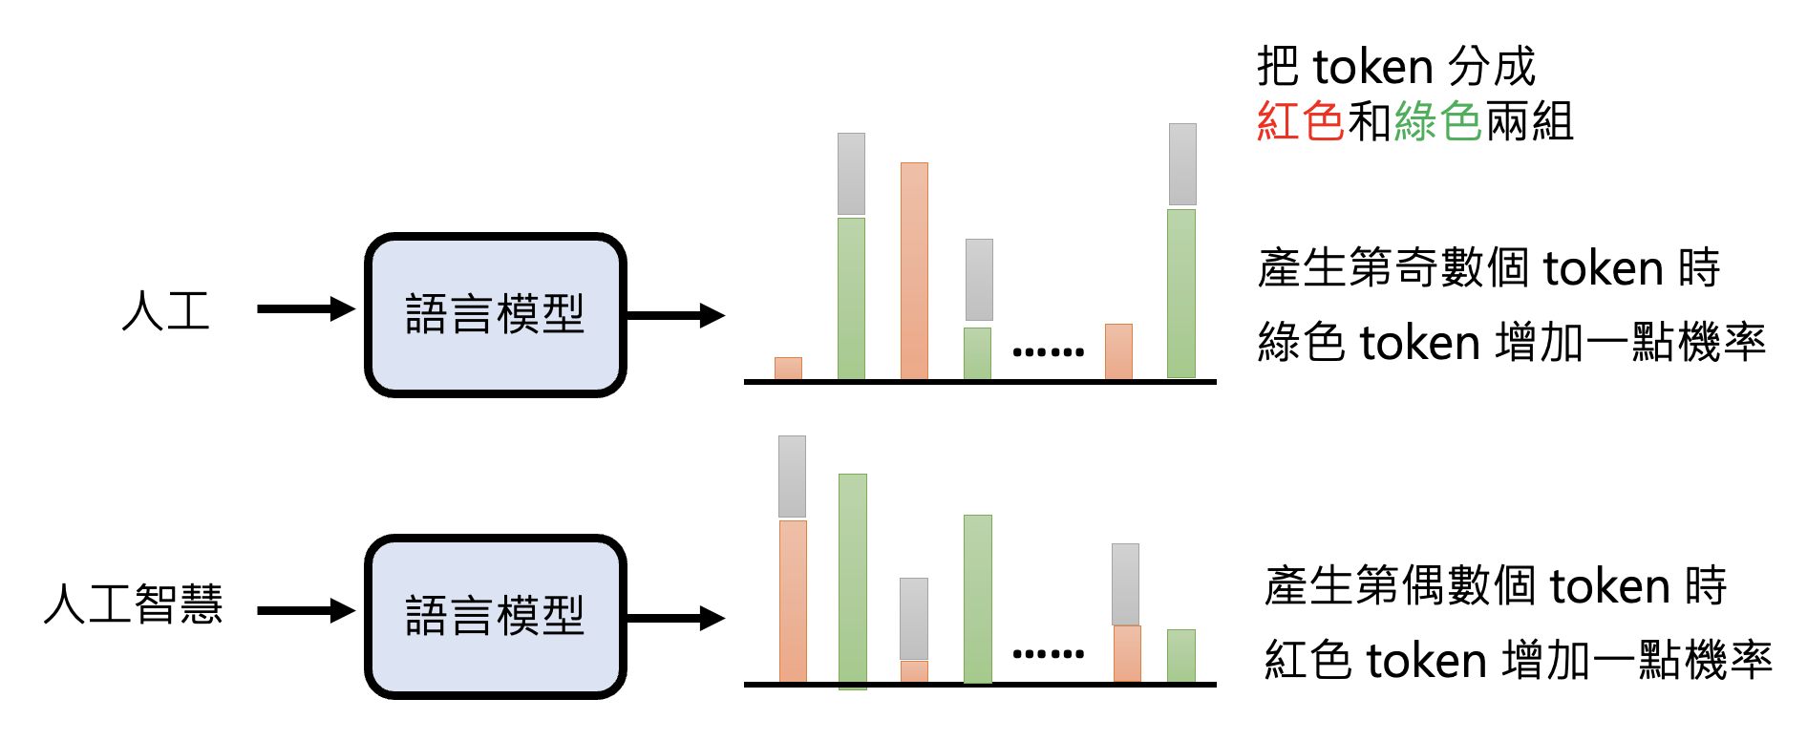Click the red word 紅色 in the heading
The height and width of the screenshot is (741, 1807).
click(1300, 121)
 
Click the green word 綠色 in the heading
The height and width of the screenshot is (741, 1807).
click(1437, 121)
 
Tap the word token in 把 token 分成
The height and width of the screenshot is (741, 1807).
click(1372, 67)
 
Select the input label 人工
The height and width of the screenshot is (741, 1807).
click(166, 310)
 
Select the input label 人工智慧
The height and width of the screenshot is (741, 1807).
click(134, 604)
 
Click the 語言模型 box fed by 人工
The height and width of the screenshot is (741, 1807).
click(495, 314)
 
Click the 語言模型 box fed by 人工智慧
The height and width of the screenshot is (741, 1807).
click(495, 616)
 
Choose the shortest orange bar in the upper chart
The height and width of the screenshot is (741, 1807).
click(788, 369)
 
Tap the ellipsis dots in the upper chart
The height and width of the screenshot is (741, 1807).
click(1048, 352)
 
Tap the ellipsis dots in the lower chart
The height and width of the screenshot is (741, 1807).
click(1048, 654)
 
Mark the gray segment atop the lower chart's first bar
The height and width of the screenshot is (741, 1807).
click(792, 476)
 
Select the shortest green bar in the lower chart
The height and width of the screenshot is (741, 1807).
click(1181, 655)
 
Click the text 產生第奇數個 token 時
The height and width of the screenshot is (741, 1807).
click(1488, 267)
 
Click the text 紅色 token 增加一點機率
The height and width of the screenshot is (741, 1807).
click(1518, 660)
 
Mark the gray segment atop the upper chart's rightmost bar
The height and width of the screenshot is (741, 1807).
click(1182, 164)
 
